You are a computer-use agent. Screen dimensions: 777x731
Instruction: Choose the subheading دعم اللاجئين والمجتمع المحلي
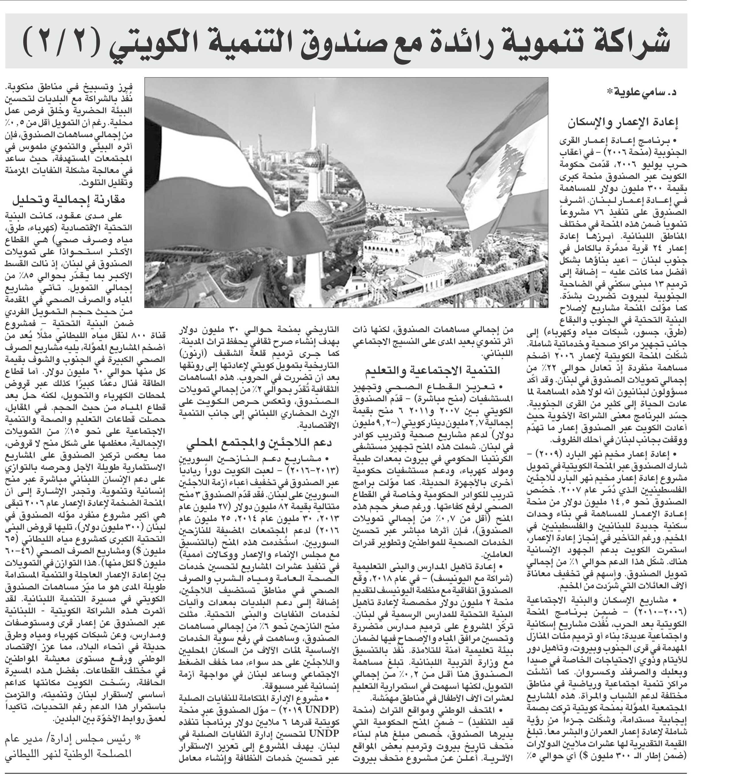[x=259, y=443]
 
